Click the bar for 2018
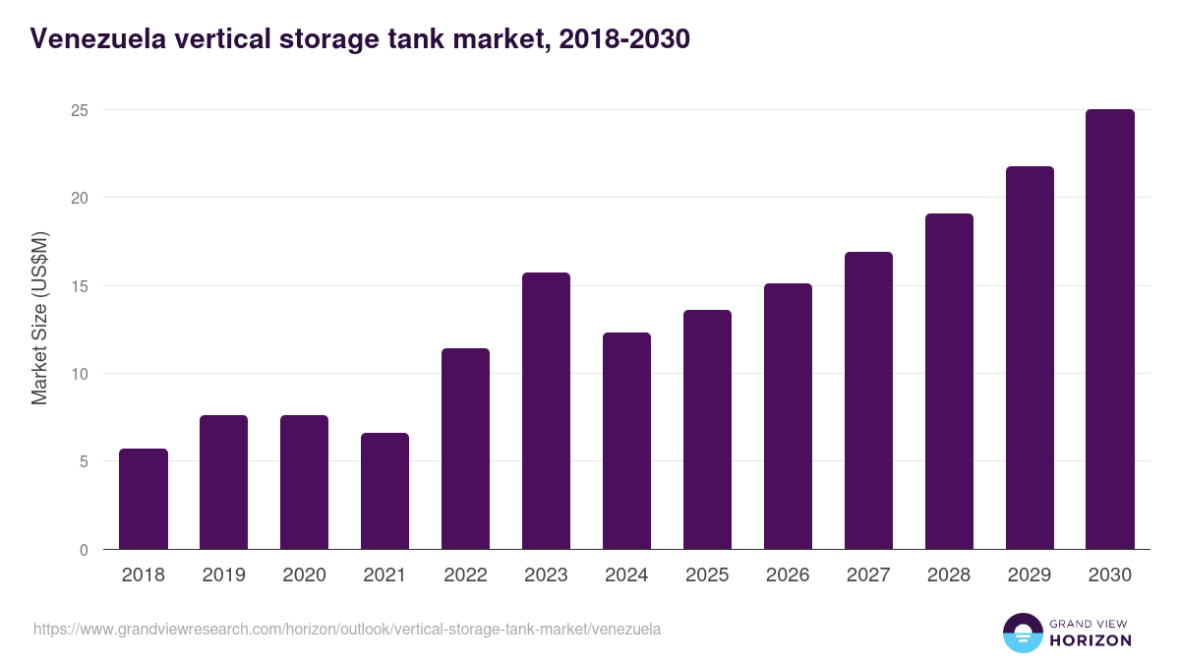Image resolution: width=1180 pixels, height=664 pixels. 144,500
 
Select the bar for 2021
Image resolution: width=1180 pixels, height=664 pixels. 384,492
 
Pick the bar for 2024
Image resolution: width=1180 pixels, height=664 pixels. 626,442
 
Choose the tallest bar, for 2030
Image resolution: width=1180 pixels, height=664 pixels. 1110,330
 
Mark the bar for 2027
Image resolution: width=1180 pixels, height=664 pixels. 868,401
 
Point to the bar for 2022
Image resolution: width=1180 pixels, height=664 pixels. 465,450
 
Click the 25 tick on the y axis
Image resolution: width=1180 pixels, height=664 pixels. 80,110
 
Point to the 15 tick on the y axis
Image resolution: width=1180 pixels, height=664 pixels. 80,286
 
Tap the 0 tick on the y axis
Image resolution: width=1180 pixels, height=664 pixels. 84,550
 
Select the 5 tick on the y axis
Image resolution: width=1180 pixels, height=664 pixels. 84,461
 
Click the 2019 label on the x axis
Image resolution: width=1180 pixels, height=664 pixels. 224,575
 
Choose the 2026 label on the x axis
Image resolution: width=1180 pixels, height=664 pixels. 788,575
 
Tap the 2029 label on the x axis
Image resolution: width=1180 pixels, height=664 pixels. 1030,575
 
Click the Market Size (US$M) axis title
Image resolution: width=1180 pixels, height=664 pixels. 39,317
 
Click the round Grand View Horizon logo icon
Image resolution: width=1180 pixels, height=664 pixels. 1022,633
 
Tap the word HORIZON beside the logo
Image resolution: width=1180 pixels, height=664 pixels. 1091,640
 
